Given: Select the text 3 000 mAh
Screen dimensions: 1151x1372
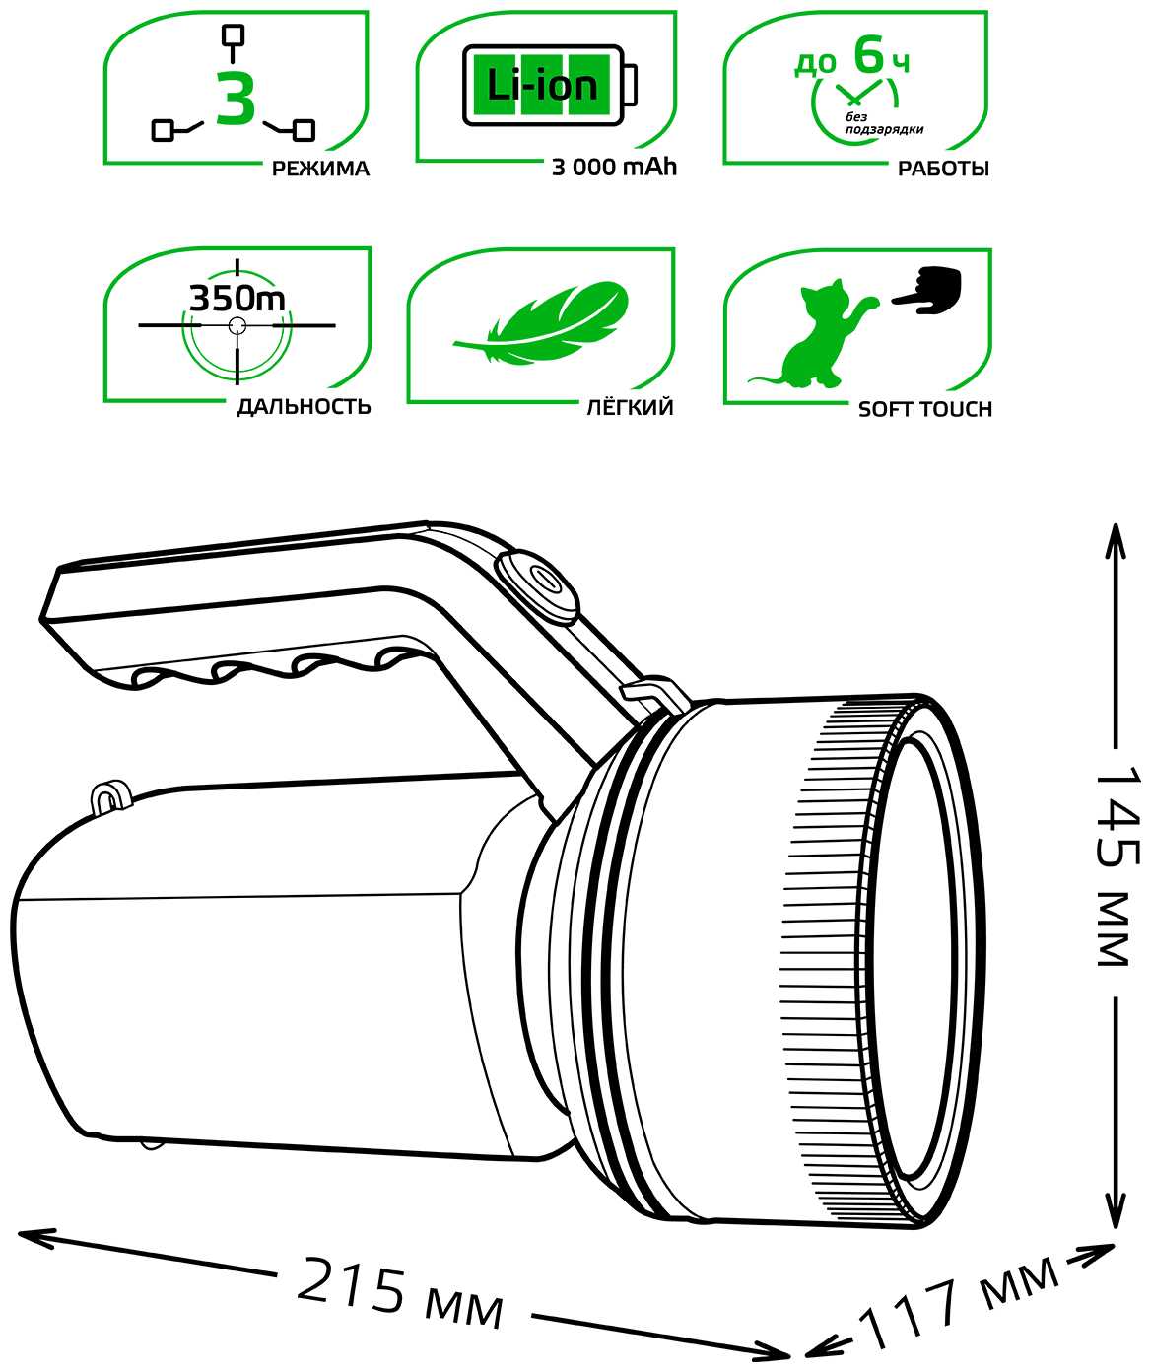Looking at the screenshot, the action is point(614,168).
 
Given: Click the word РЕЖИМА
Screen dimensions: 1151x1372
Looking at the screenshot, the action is point(320,169).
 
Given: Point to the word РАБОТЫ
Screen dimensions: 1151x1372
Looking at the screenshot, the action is point(943,169).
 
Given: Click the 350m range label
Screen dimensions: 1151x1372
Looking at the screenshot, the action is point(237,299).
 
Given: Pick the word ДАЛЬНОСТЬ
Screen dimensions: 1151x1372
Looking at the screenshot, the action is point(304,407).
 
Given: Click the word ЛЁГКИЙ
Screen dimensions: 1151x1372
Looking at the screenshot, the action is point(630,407).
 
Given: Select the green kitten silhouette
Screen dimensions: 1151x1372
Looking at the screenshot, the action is point(815,335).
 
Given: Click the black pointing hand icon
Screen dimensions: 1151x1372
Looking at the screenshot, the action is point(927,291).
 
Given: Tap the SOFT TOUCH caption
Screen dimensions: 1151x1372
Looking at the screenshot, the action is point(925,409).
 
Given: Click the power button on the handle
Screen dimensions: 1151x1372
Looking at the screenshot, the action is point(537,584).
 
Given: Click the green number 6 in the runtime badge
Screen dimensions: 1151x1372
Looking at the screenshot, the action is point(870,54).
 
